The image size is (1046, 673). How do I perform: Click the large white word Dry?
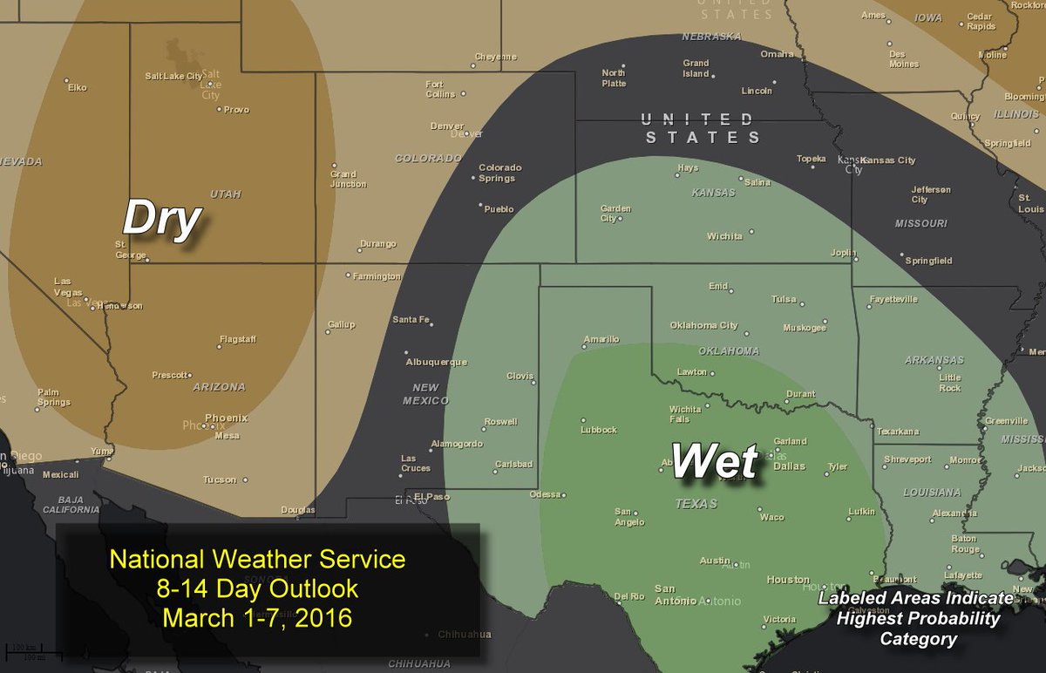[x=162, y=218]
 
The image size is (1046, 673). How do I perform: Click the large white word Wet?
[x=714, y=461]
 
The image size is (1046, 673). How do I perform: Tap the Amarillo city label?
[x=601, y=339]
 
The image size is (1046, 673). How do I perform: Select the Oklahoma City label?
[x=703, y=325]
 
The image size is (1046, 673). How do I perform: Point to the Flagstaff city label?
[x=237, y=338]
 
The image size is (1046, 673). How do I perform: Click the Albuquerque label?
[x=436, y=362]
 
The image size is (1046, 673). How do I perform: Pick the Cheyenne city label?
[x=495, y=57]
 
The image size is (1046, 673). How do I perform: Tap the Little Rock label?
[x=950, y=383]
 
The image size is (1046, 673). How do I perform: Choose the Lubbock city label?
[x=599, y=430]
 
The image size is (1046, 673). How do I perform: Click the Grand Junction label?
[x=348, y=179]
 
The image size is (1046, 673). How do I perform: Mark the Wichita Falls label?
[x=685, y=413]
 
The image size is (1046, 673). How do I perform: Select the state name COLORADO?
[x=427, y=159]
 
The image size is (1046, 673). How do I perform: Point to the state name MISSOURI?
[x=920, y=223]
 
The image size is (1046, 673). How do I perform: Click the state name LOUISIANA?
[x=932, y=493]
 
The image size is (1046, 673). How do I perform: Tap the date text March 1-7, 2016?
[x=257, y=618]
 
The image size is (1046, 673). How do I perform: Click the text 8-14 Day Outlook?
[x=257, y=589]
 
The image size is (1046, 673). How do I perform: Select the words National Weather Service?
[x=257, y=559]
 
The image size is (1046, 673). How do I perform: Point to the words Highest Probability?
[x=918, y=618]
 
